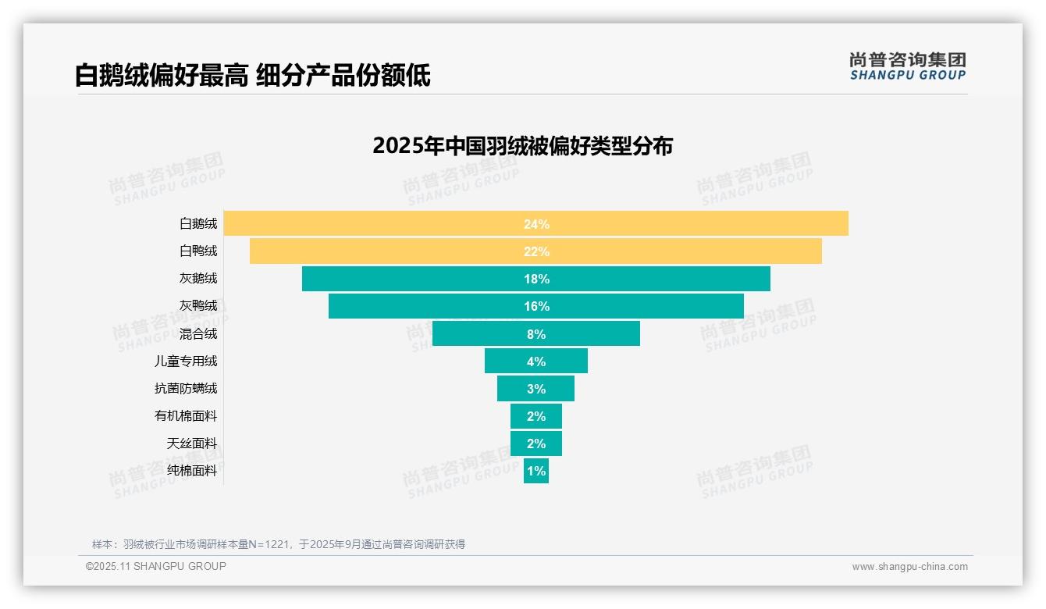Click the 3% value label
pos(536,389)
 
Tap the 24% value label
pos(536,224)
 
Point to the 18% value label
pos(536,279)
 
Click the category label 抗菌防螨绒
pos(186,388)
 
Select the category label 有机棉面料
pos(186,416)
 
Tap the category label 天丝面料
pos(192,443)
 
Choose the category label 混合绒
pos(198,333)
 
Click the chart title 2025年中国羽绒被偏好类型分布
pos(522,146)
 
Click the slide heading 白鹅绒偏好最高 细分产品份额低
pos(252,76)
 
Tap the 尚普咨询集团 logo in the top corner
pos(907,66)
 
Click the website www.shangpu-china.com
pos(909,567)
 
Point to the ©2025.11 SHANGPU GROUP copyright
pos(156,566)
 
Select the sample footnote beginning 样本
pos(278,544)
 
